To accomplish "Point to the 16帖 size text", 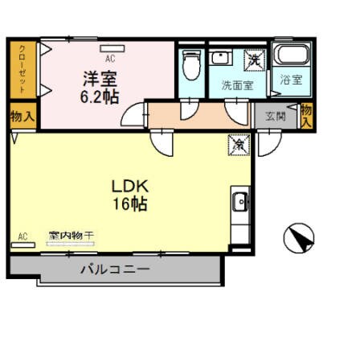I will pos(129,204).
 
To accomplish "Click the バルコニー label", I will pos(114,270).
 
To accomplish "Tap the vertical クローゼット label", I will pos(22,69).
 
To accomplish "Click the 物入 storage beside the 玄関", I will pos(306,116).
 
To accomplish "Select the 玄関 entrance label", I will pos(276,116).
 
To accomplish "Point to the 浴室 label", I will pos(290,80).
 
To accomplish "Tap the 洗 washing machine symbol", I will pos(253,59).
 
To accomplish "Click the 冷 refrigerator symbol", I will pos(239,145).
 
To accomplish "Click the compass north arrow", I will pos(299,238).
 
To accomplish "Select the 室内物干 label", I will pos(71,236).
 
